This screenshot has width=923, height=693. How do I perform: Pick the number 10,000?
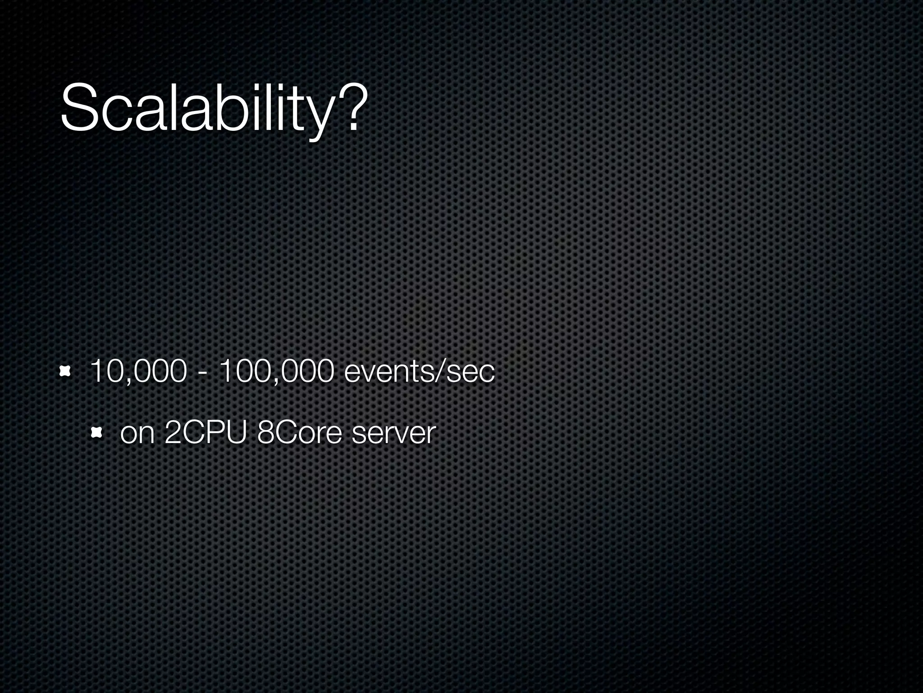pyautogui.click(x=138, y=372)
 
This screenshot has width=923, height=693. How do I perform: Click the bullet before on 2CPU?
pyautogui.click(x=96, y=434)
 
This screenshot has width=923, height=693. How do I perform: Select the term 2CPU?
pyautogui.click(x=206, y=433)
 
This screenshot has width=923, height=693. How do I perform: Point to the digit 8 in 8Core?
pyautogui.click(x=265, y=433)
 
